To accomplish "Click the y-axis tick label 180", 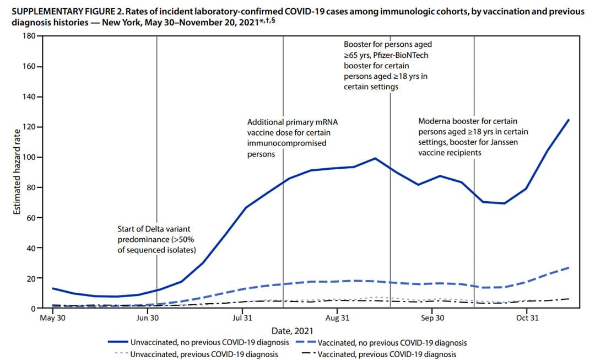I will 27,36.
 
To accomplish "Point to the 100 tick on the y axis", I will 27,157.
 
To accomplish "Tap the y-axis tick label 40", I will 29,248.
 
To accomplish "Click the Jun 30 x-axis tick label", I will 147,318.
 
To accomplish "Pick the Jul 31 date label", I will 242,318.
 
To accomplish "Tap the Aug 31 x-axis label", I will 338,318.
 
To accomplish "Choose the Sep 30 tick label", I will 432,318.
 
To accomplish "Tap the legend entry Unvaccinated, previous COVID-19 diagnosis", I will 203,354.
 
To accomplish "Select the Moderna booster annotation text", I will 468,137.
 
